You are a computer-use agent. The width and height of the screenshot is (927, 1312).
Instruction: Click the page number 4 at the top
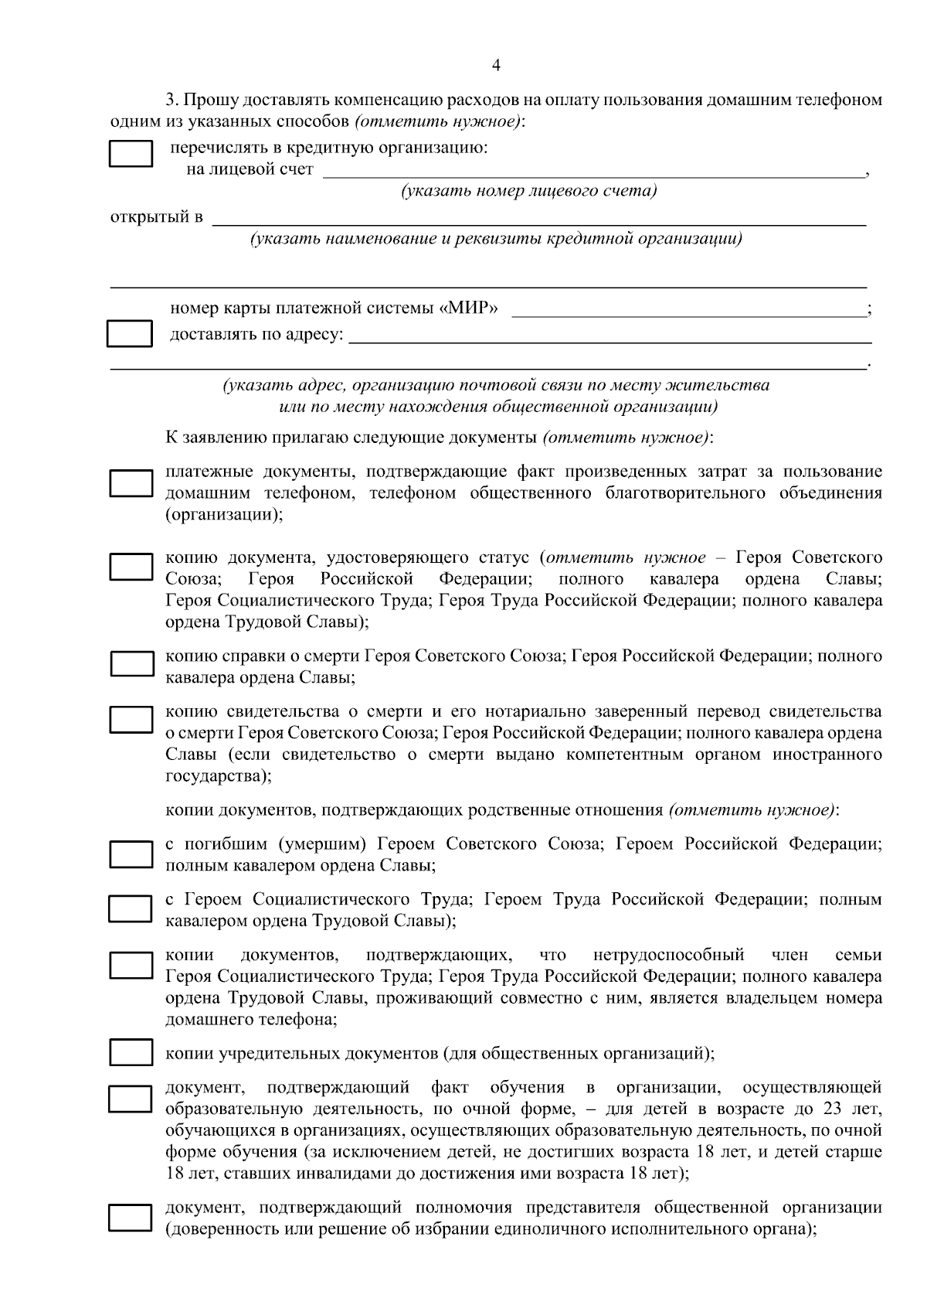[x=495, y=66]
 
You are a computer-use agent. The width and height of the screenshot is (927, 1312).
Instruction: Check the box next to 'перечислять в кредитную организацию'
[x=131, y=154]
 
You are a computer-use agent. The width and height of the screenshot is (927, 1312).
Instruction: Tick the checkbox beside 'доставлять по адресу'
[x=129, y=334]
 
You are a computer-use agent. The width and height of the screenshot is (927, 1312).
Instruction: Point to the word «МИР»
[x=471, y=309]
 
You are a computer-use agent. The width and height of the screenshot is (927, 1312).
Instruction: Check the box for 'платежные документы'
[x=131, y=482]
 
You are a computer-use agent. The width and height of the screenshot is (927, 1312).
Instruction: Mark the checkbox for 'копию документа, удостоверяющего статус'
[x=131, y=567]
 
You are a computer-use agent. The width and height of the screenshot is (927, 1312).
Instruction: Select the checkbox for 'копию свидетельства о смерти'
[x=131, y=719]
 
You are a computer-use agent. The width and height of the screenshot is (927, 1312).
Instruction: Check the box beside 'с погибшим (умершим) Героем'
[x=131, y=854]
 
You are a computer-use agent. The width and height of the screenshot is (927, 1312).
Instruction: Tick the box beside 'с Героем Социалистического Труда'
[x=131, y=909]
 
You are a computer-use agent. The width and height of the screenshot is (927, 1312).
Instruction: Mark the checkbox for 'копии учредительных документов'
[x=131, y=1053]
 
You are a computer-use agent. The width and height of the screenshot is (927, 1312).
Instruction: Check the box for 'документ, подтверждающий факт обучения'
[x=131, y=1098]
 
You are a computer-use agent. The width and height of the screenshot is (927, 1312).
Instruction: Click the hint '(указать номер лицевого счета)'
[x=528, y=191]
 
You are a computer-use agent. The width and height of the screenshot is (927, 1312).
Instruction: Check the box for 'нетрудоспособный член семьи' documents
[x=131, y=966]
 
